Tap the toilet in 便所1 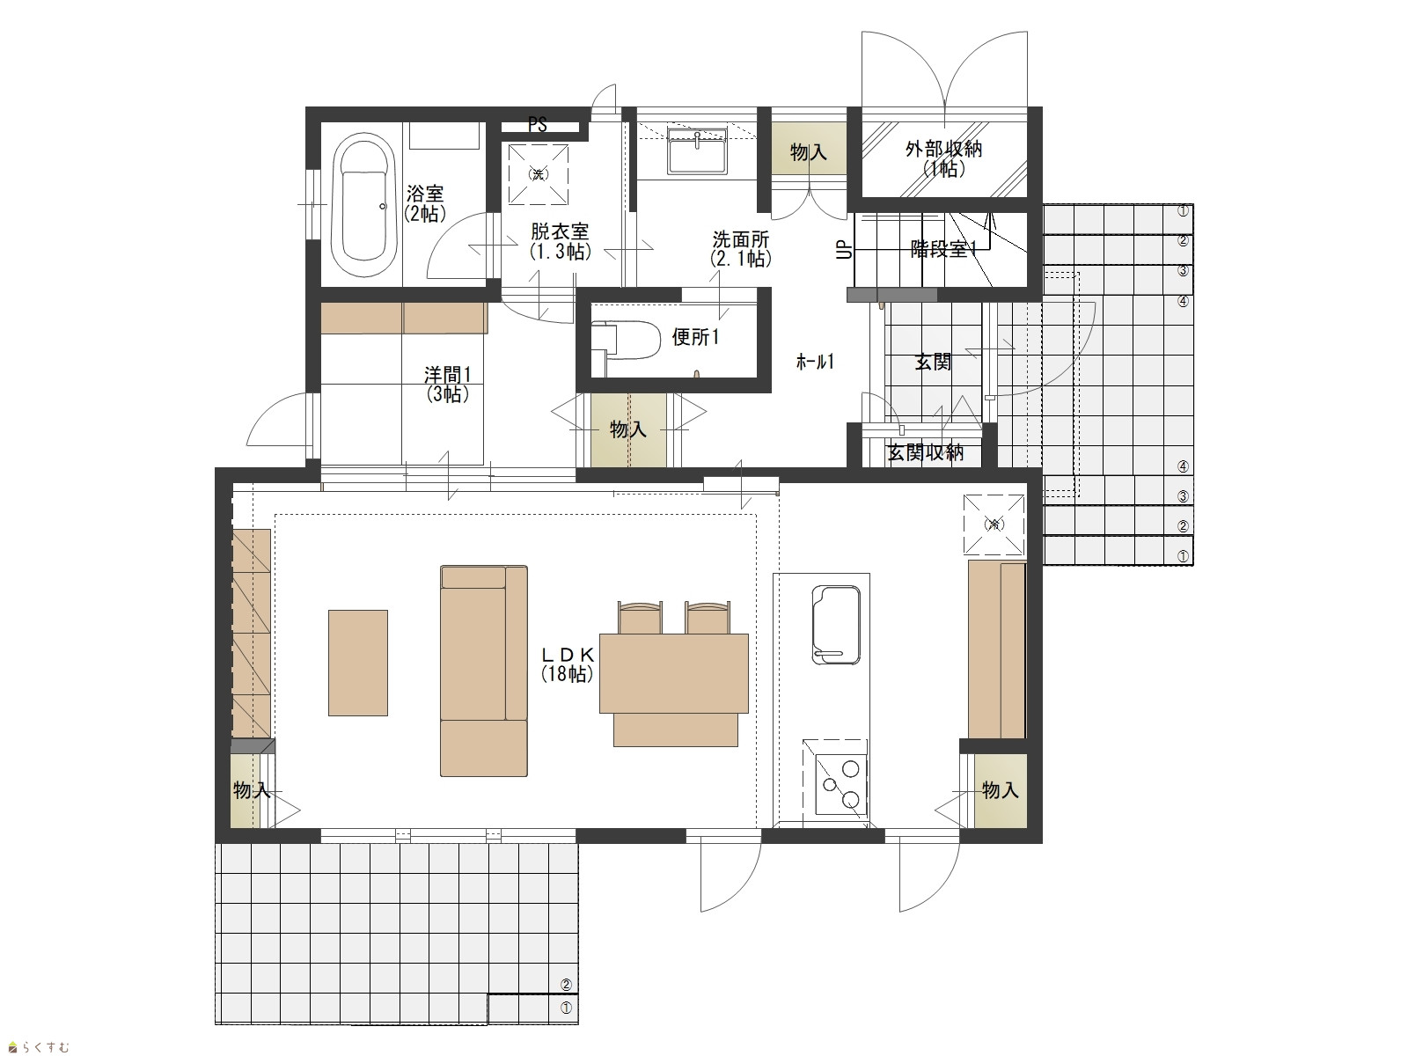click(x=626, y=340)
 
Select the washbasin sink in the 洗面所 click(x=697, y=151)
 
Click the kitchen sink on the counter click(x=835, y=625)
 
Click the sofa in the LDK click(x=484, y=671)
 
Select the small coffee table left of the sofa click(x=358, y=663)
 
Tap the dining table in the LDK click(x=674, y=673)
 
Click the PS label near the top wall click(x=538, y=124)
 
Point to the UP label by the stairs click(x=845, y=249)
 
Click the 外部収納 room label click(x=943, y=150)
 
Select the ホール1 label click(x=815, y=363)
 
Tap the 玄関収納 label click(x=926, y=452)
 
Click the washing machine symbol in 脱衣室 click(x=539, y=173)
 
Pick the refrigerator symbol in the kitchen click(x=994, y=524)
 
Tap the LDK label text click(x=568, y=655)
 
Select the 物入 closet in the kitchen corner click(x=1000, y=790)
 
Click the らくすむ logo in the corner click(x=39, y=1047)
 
